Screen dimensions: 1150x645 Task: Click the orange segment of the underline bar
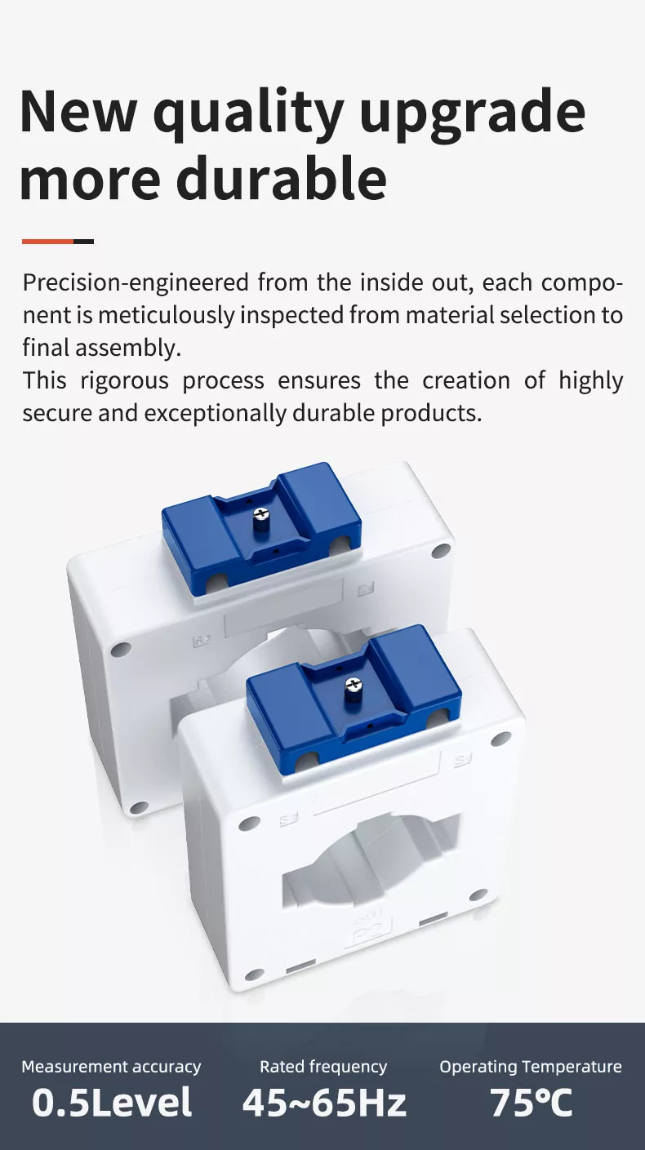(47, 241)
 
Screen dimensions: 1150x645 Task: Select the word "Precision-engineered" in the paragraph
(136, 283)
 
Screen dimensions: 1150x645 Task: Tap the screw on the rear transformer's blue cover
(261, 516)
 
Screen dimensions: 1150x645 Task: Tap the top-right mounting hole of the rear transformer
(441, 551)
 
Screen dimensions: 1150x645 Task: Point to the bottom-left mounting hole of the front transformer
(255, 975)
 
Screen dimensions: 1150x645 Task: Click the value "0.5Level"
(112, 1103)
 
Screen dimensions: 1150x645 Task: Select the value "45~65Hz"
(324, 1103)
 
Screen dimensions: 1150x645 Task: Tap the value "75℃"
(532, 1103)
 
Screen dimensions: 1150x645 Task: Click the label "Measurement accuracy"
(111, 1067)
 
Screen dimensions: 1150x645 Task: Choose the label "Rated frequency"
(323, 1067)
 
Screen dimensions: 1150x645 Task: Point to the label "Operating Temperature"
(531, 1067)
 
